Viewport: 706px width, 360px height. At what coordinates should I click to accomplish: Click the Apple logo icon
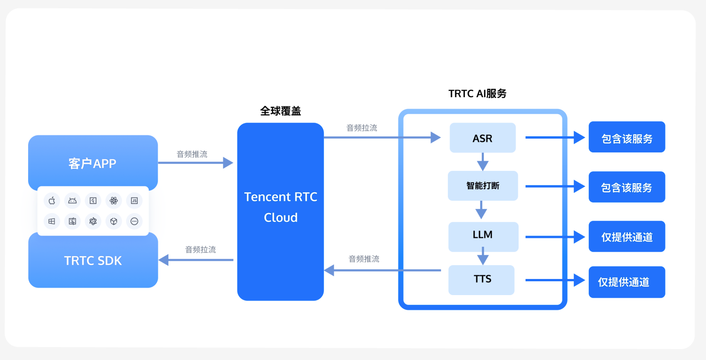pos(52,201)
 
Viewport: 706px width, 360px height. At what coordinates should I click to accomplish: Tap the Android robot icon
pos(72,201)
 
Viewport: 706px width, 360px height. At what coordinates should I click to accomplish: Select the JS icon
pos(134,201)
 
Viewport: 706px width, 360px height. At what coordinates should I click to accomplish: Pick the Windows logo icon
pos(52,221)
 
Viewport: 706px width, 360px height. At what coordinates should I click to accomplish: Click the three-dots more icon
pos(134,221)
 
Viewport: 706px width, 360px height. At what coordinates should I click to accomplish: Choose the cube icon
pos(114,221)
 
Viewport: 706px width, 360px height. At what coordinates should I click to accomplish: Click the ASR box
pos(482,138)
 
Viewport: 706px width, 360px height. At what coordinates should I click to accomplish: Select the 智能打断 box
pos(482,186)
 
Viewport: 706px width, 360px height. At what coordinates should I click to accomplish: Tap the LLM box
pos(482,235)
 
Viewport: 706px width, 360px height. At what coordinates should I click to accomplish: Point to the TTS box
pos(482,279)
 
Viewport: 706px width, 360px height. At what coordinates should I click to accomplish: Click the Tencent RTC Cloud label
pos(280,207)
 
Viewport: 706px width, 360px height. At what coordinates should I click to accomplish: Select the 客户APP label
pos(93,163)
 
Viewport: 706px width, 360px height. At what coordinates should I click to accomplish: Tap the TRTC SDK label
pos(93,261)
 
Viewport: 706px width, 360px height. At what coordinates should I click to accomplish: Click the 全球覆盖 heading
pos(280,111)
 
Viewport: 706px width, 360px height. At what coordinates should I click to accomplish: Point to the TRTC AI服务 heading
pos(477,93)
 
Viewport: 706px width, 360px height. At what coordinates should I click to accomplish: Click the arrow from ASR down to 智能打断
pos(482,162)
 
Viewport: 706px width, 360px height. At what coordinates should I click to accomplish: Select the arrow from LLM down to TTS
pos(482,256)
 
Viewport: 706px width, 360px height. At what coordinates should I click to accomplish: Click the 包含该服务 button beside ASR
pos(626,137)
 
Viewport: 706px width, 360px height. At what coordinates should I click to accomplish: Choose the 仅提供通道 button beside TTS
pos(626,282)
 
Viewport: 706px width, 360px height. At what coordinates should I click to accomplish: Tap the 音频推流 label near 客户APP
pos(192,154)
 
